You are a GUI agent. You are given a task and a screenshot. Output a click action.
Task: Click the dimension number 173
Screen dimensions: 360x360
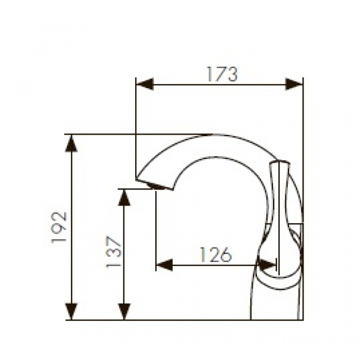pyautogui.click(x=222, y=74)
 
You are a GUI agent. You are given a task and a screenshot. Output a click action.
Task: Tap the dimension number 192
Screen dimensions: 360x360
pyautogui.click(x=59, y=227)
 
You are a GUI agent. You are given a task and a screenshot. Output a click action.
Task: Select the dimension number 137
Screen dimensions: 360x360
pyautogui.click(x=113, y=252)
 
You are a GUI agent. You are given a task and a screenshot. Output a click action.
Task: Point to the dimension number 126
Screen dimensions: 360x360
pyautogui.click(x=215, y=255)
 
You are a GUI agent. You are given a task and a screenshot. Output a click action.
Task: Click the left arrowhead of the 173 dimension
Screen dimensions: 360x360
pyautogui.click(x=145, y=84)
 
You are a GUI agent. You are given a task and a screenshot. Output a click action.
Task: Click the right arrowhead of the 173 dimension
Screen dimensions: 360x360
pyautogui.click(x=294, y=84)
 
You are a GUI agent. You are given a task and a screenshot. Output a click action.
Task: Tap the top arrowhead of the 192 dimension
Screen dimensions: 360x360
pyautogui.click(x=71, y=143)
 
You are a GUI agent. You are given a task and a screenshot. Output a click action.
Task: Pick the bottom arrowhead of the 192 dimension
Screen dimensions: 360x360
pyautogui.click(x=71, y=311)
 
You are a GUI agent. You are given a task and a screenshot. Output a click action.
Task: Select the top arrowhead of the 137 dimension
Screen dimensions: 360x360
pyautogui.click(x=124, y=198)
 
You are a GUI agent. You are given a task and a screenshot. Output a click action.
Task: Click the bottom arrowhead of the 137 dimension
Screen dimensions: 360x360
pyautogui.click(x=124, y=311)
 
